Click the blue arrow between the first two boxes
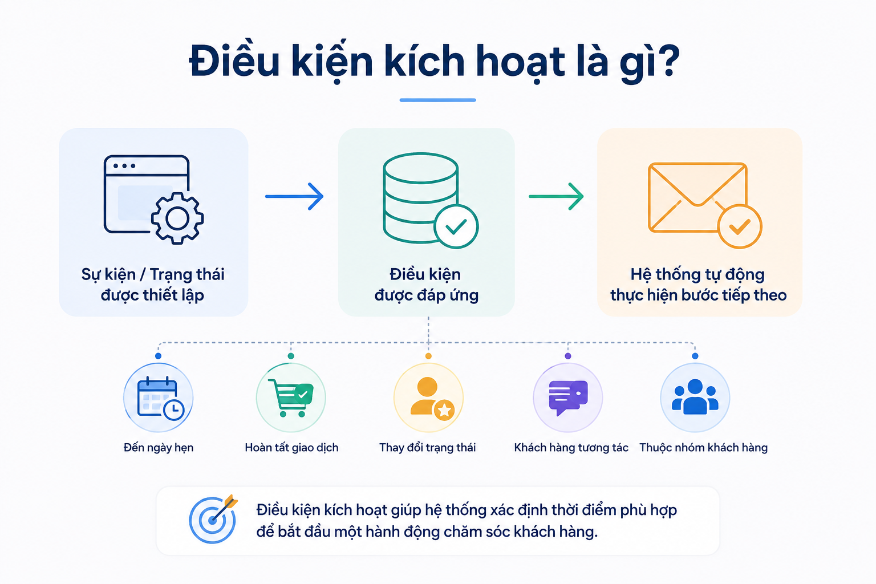click(294, 196)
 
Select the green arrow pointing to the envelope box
click(556, 196)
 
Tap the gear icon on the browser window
click(177, 218)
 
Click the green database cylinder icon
click(420, 197)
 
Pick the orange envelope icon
click(697, 197)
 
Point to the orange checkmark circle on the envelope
click(740, 226)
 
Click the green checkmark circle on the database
click(456, 226)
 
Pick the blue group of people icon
click(695, 396)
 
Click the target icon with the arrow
click(213, 519)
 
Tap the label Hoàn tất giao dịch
click(291, 448)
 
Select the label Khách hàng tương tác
click(571, 448)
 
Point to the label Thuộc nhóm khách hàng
click(703, 448)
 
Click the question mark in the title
click(668, 62)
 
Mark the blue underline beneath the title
click(437, 100)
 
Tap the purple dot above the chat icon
click(568, 356)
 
